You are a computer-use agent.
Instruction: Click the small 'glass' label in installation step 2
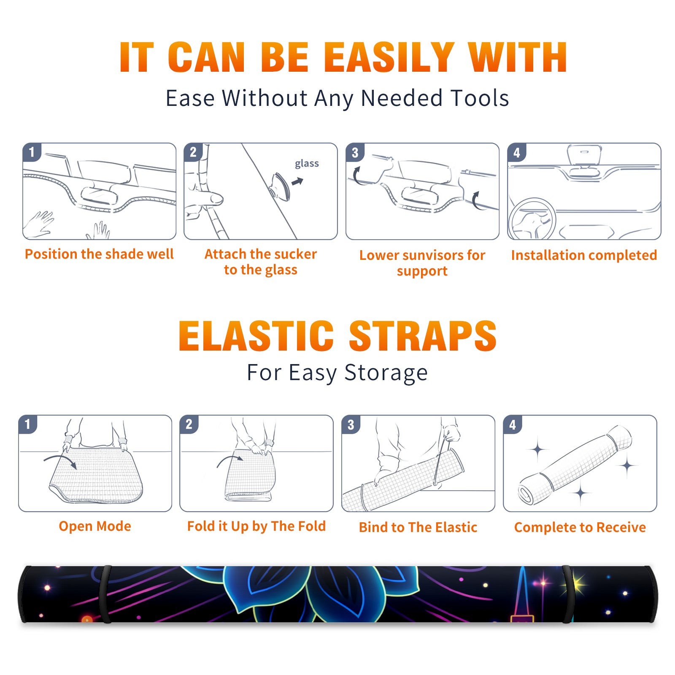(x=307, y=163)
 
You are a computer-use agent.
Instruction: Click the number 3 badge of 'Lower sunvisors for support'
(x=355, y=153)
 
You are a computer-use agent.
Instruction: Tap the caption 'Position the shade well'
(x=99, y=254)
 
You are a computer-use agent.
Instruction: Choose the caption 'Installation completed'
(x=584, y=255)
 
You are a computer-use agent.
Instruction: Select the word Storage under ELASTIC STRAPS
(x=386, y=373)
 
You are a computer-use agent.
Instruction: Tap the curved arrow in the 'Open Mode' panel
(x=60, y=461)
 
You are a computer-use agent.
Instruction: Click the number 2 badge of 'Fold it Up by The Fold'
(x=189, y=424)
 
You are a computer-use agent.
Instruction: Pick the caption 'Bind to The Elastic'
(x=418, y=527)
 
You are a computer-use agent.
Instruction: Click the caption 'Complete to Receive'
(x=580, y=527)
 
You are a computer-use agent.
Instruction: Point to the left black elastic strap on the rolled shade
(x=105, y=594)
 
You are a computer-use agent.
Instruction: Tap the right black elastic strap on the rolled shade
(x=569, y=594)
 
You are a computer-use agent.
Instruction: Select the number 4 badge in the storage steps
(x=512, y=424)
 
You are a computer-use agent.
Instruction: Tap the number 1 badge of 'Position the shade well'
(x=32, y=152)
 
